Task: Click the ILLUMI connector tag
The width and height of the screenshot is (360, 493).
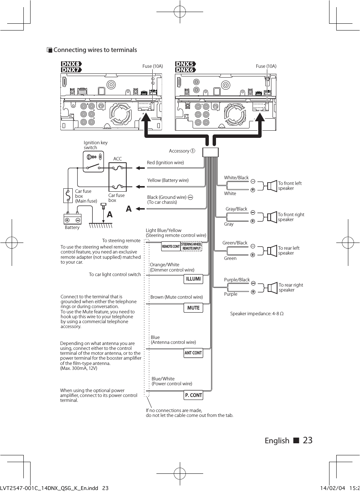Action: (x=193, y=279)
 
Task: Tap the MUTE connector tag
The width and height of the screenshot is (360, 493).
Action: (x=193, y=308)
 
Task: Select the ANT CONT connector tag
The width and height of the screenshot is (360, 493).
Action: (x=193, y=353)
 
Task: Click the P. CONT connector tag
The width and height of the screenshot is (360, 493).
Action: (x=194, y=395)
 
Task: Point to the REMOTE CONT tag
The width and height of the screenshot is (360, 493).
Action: (x=171, y=247)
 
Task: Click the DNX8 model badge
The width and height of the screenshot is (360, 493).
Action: (x=71, y=64)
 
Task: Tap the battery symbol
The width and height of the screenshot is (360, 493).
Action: (x=72, y=219)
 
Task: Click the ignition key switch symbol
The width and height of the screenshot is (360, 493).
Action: (x=93, y=162)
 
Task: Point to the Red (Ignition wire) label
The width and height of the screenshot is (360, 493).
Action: (x=165, y=163)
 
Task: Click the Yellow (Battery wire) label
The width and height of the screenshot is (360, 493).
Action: (x=168, y=180)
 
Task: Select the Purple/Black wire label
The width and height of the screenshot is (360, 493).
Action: (x=237, y=280)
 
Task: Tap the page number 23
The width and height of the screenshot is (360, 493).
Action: (x=308, y=440)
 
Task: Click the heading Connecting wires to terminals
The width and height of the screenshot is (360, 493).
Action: (x=95, y=50)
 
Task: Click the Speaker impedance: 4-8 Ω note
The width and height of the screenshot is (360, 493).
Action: (x=257, y=314)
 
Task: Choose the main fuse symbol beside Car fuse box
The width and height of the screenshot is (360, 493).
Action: (x=68, y=195)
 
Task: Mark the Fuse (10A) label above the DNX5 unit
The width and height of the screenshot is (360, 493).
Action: (x=266, y=66)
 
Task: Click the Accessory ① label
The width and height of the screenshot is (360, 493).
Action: (x=182, y=151)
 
